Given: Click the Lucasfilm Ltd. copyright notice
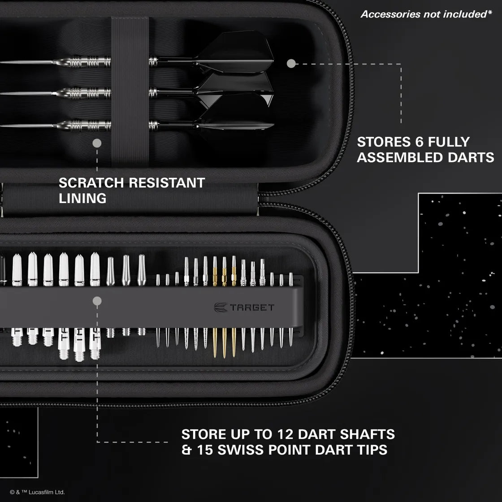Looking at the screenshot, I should [x=37, y=492].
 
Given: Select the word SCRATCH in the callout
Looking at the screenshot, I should [x=91, y=183].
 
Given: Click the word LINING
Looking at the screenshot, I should [x=82, y=198].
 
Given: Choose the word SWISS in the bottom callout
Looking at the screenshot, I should [x=238, y=450].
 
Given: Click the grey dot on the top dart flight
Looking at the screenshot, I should [x=291, y=64].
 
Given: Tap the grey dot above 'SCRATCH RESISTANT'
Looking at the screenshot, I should [x=97, y=143].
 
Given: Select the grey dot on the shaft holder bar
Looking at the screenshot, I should [x=97, y=301].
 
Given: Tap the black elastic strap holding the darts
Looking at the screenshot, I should [x=130, y=90].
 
